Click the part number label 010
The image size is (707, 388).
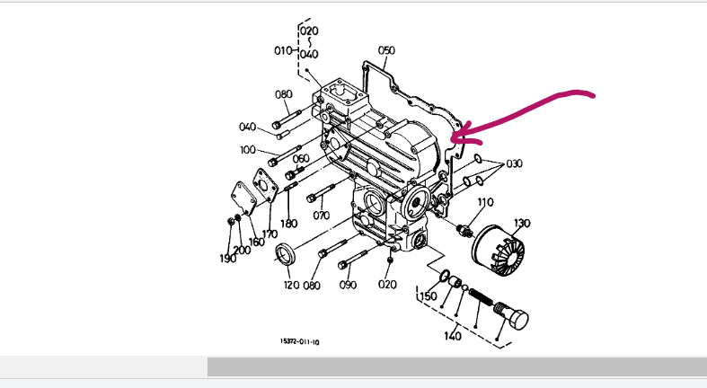coord(283,50)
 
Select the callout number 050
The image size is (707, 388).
coord(386,50)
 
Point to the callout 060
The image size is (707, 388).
coord(301,158)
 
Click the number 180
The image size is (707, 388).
coord(288,224)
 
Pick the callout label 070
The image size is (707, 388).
coord(322,216)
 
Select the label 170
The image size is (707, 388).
coord(270,234)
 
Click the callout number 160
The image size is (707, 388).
coord(256,242)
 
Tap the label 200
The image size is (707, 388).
coord(242,250)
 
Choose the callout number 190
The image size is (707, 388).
coord(228,258)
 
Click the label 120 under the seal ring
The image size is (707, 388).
coord(291,285)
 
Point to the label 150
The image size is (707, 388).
coord(429,295)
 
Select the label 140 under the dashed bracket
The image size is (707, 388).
coord(453,337)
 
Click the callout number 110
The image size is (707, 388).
coord(486,201)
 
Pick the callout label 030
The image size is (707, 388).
coord(514,163)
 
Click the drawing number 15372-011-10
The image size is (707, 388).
coord(300,341)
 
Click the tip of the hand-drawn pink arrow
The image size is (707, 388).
coord(452,137)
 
